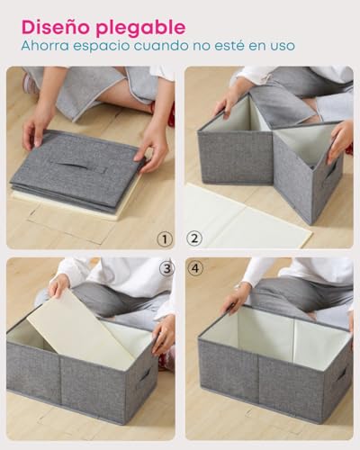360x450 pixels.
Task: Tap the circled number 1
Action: click(x=165, y=239)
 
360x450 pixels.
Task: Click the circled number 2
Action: click(x=194, y=238)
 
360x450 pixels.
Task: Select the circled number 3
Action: click(x=166, y=268)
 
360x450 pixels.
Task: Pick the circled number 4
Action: click(x=195, y=268)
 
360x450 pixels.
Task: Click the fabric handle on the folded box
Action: click(x=82, y=166)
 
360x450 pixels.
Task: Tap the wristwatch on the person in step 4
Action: click(x=238, y=285)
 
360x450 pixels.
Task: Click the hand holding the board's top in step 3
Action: click(x=59, y=286)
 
